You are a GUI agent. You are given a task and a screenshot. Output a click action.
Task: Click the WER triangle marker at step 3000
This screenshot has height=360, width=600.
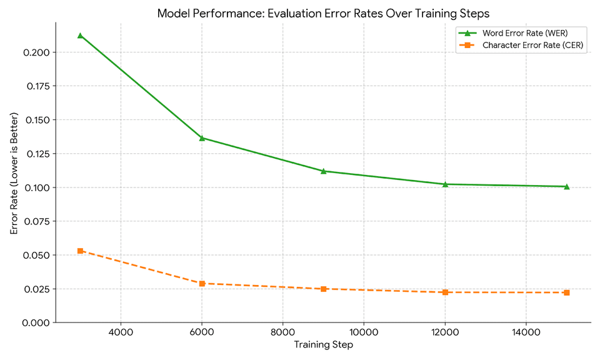coord(80,36)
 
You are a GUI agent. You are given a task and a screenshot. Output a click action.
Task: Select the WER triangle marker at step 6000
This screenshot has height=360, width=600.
coord(202,137)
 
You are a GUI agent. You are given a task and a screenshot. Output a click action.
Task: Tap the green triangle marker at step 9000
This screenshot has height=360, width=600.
coord(323,171)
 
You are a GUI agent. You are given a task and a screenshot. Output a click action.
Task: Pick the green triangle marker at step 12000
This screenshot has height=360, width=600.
coord(445,184)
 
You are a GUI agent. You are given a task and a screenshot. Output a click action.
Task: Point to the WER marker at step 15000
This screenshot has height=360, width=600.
coord(566,186)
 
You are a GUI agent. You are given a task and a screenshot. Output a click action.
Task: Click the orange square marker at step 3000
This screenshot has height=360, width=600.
coord(80,251)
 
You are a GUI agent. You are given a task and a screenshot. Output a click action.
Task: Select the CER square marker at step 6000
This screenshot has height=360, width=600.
coord(202,283)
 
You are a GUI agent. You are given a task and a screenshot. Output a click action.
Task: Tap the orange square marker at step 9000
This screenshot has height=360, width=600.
coord(323,289)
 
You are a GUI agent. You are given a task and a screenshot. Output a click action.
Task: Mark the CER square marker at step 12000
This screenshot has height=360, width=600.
coord(445,292)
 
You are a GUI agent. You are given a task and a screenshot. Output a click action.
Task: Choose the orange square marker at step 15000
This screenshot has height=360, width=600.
coord(566,292)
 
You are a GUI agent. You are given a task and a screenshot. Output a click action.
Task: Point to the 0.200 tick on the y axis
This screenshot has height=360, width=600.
coord(36,52)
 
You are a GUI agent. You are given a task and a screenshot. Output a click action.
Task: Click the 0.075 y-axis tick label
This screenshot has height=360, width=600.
coord(36,221)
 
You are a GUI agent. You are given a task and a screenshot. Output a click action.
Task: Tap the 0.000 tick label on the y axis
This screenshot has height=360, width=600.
coord(36,322)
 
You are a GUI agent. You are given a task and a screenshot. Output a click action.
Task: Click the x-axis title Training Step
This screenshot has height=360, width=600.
coord(323,345)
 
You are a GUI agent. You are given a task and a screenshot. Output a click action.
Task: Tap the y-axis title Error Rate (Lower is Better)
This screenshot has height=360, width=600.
coord(14,174)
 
